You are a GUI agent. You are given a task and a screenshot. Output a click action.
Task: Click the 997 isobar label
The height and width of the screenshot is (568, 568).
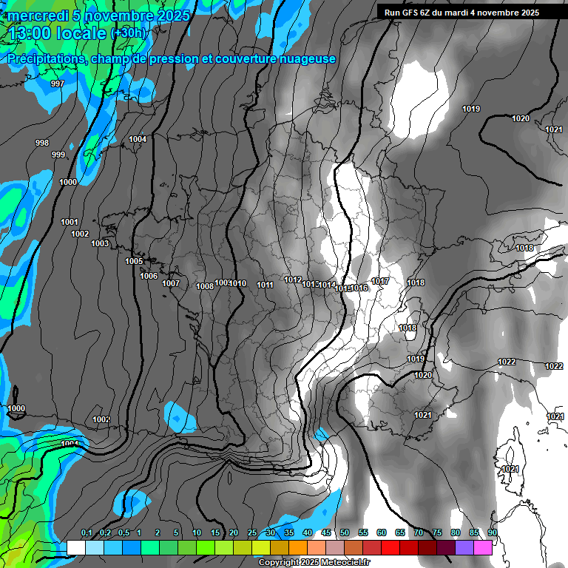(57, 84)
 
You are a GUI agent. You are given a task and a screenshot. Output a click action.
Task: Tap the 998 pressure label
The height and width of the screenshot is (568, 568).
(42, 143)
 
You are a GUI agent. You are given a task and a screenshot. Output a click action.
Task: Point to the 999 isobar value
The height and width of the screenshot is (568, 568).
(58, 155)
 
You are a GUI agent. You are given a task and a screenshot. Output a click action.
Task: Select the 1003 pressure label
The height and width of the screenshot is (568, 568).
(100, 243)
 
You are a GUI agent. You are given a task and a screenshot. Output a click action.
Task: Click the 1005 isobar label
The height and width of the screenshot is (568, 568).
(134, 261)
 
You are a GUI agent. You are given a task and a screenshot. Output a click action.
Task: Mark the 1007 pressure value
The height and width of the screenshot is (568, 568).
(171, 283)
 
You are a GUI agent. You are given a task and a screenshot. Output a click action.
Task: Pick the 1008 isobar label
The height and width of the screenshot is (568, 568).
(205, 286)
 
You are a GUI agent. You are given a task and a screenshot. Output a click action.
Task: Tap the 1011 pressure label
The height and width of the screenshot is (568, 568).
(266, 285)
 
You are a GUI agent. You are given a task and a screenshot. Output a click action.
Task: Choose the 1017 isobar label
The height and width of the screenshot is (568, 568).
(381, 281)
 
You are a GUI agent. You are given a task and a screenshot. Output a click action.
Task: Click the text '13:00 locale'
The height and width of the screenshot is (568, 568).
(58, 33)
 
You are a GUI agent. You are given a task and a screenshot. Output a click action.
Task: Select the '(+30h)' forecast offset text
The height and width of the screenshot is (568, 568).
(129, 33)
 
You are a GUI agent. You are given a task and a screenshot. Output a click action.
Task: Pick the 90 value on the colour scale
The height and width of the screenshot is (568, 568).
(493, 532)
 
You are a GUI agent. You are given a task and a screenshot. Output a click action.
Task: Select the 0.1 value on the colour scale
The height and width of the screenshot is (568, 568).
(87, 532)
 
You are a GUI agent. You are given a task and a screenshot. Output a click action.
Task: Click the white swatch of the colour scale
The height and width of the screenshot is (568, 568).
(75, 547)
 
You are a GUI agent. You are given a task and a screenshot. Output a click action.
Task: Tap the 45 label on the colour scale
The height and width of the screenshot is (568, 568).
(326, 532)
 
